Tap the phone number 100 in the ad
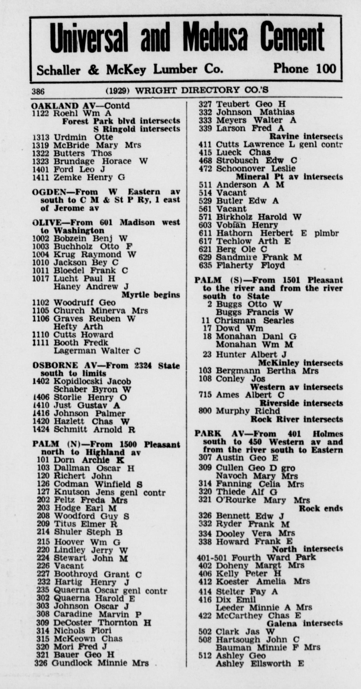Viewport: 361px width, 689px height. (x=326, y=69)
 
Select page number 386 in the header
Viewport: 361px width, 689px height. (x=38, y=91)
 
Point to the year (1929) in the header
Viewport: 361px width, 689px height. (x=118, y=91)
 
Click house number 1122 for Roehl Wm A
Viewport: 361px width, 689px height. (x=41, y=113)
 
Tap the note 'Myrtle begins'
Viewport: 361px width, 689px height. (x=151, y=295)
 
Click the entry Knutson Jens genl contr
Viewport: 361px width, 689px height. (x=110, y=492)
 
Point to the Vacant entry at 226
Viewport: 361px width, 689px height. (x=69, y=566)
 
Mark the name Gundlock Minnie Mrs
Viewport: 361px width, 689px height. (x=100, y=663)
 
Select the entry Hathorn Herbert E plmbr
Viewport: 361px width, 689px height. (x=277, y=233)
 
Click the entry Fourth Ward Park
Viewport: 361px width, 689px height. (x=273, y=557)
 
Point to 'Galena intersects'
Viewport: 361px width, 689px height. (x=304, y=623)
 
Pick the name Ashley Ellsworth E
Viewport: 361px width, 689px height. (x=259, y=664)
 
